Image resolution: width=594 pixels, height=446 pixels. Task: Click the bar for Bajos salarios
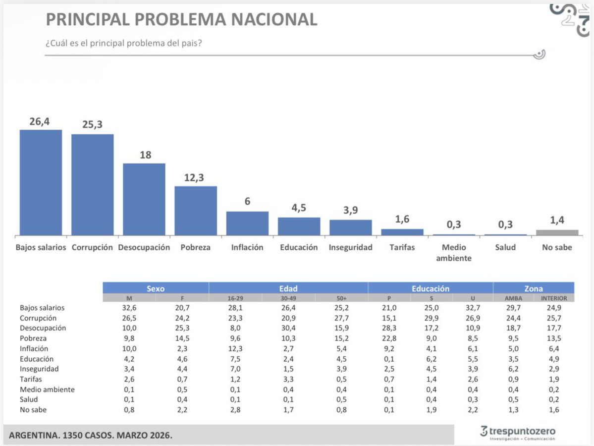pyautogui.click(x=41, y=182)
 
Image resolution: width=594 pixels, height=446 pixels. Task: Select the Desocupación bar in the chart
pyautogui.click(x=144, y=199)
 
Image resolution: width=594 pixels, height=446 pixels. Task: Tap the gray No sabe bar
pyautogui.click(x=557, y=232)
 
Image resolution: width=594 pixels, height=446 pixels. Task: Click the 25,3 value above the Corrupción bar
pyautogui.click(x=92, y=125)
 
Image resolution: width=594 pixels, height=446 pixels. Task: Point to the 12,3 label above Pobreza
pyautogui.click(x=196, y=177)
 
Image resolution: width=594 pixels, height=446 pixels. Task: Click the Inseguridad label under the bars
pyautogui.click(x=350, y=247)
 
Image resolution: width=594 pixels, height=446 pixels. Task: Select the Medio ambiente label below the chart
pyautogui.click(x=454, y=252)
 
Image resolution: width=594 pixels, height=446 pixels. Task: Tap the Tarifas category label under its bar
pyautogui.click(x=402, y=247)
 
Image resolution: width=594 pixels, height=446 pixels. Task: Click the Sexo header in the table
pyautogui.click(x=156, y=288)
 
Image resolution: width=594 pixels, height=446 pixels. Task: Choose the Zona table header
pyautogui.click(x=534, y=288)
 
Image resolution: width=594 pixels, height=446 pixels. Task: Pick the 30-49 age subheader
pyautogui.click(x=288, y=298)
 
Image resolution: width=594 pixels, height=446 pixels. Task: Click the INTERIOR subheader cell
pyautogui.click(x=554, y=298)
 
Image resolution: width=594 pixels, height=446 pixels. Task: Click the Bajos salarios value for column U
pyautogui.click(x=473, y=308)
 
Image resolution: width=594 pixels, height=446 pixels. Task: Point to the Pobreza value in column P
pyautogui.click(x=388, y=338)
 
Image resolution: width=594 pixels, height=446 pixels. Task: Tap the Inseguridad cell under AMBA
pyautogui.click(x=513, y=369)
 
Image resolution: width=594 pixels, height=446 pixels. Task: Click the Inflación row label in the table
pyautogui.click(x=34, y=348)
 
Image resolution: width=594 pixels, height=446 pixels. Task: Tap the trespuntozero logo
pyautogui.click(x=518, y=433)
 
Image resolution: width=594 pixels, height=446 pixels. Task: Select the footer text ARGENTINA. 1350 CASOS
pyautogui.click(x=69, y=436)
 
